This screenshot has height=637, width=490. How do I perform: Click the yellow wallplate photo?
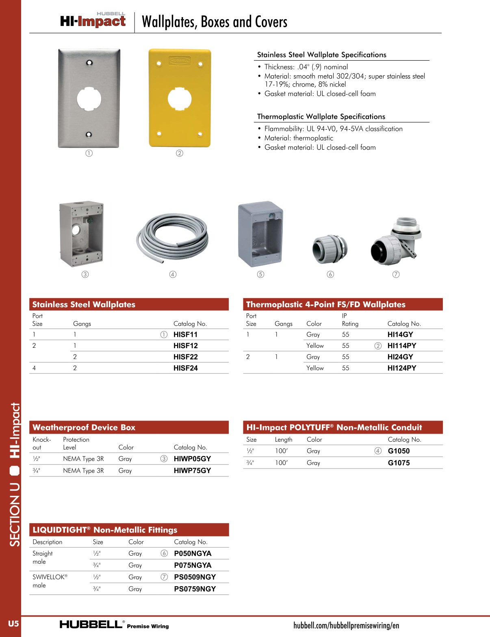pos(180,98)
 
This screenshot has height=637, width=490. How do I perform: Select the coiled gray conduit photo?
pos(173,237)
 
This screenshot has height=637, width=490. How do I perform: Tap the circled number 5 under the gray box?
pos(260,275)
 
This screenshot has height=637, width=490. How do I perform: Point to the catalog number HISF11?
pos(185,334)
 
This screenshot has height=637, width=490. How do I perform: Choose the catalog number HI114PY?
pos(401,346)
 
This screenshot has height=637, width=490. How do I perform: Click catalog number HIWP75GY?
pos(192,471)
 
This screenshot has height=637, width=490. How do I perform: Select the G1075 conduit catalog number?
pos(399,463)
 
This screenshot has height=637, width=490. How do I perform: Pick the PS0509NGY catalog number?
pos(195,577)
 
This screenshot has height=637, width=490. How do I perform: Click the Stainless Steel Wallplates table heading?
pos(84,305)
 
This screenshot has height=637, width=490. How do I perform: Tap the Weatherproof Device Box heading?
pos(84,428)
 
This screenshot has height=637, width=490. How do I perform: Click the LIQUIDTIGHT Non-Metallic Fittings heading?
pos(105,530)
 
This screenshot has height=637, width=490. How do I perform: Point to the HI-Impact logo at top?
pos(93,20)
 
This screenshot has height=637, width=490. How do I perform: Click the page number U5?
pos(13,624)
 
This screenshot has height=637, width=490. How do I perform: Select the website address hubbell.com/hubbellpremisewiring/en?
pos(346,626)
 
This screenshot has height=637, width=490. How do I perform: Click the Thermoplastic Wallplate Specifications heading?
pos(321,117)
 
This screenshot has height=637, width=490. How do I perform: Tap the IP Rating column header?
pos(350,320)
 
